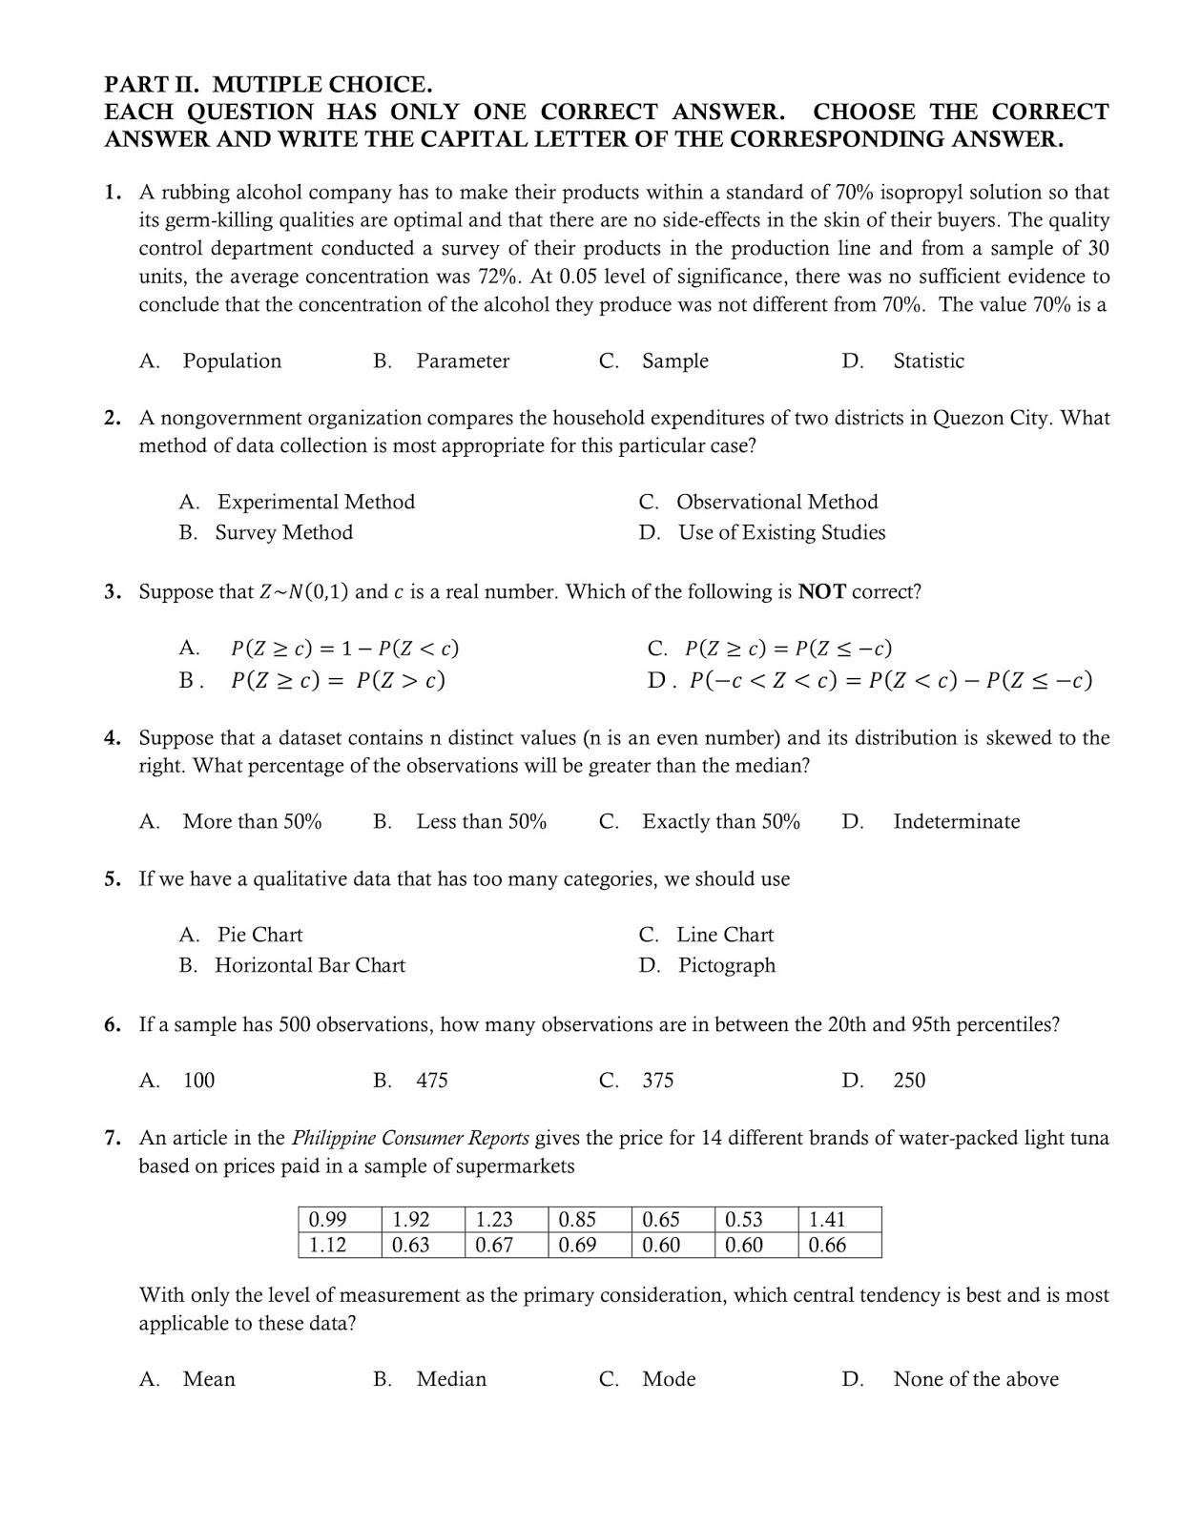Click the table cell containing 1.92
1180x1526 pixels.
click(423, 1219)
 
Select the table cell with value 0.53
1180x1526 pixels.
click(755, 1219)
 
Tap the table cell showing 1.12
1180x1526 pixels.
click(340, 1245)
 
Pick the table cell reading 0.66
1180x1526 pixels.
click(838, 1245)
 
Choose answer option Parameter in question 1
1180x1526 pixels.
click(463, 361)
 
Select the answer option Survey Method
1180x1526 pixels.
click(283, 532)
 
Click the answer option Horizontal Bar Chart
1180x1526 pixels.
click(310, 965)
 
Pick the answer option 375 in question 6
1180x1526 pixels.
click(657, 1081)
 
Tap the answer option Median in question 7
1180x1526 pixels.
click(451, 1379)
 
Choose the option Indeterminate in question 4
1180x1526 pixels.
click(956, 821)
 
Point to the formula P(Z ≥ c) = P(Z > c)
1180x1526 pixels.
click(338, 681)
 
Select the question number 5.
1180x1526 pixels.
click(113, 878)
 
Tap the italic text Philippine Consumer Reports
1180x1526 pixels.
click(410, 1138)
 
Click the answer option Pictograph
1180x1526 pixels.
click(726, 965)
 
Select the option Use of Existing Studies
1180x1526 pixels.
click(781, 532)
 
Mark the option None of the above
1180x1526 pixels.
click(975, 1379)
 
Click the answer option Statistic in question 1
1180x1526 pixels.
click(928, 361)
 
